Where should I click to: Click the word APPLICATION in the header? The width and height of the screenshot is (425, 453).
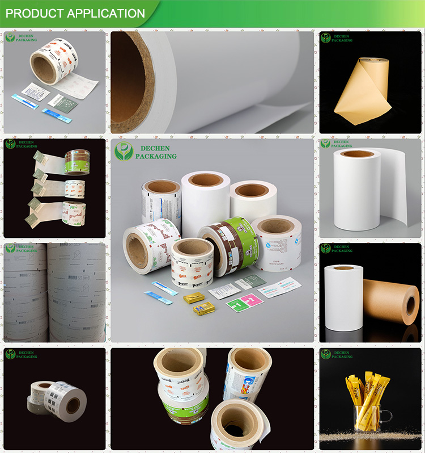(x=106, y=14)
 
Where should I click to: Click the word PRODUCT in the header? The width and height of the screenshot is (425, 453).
(x=35, y=14)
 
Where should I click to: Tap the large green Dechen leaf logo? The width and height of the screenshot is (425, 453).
(x=124, y=152)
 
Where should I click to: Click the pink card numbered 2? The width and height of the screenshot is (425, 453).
(x=250, y=299)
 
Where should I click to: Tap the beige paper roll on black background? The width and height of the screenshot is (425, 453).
(x=363, y=91)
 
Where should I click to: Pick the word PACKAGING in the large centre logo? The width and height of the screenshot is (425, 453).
(x=155, y=156)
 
